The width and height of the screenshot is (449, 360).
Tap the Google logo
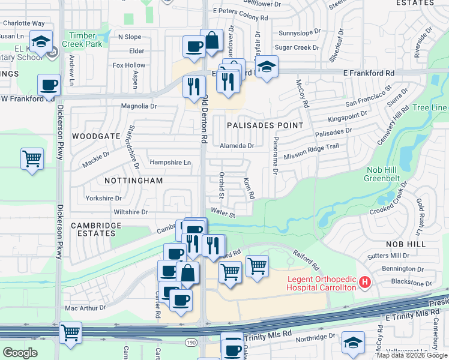pos(20,353)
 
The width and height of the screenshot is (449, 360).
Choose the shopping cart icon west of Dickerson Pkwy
pos(32,159)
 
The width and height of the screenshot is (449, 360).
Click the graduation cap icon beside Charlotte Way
pos(41,41)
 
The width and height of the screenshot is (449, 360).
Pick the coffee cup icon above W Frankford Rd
pos(49,85)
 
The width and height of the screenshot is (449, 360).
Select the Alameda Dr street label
pos(237,146)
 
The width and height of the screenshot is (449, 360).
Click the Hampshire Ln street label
pos(170,163)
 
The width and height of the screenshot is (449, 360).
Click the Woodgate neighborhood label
pos(96,136)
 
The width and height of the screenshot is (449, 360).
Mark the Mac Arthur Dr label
pos(85,308)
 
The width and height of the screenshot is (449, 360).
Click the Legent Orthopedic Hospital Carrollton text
pos(322,283)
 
